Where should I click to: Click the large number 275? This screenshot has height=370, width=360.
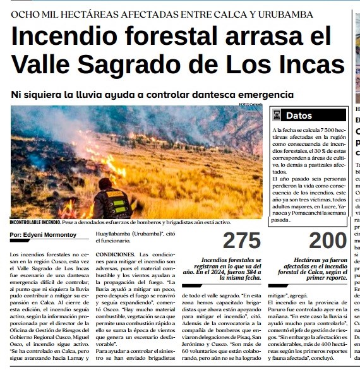click(x=242, y=241)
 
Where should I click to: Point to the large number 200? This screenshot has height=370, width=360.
click(x=328, y=241)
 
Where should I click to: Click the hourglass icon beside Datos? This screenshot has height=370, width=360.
click(x=276, y=116)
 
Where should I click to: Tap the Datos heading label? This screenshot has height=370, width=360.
click(x=299, y=116)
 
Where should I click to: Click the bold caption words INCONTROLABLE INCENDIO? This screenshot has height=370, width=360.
click(x=35, y=222)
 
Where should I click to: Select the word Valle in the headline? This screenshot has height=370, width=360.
click(x=42, y=64)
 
